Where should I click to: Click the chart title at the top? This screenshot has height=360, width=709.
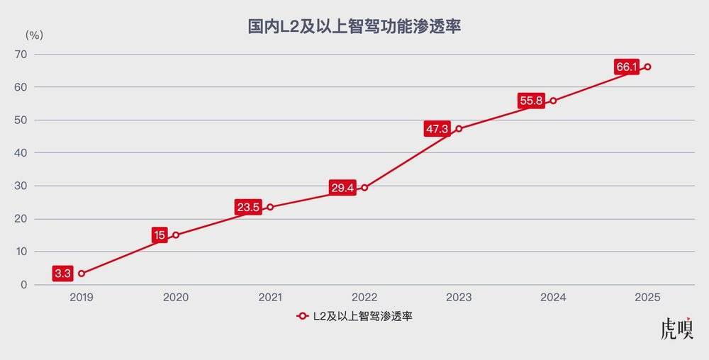pos(354,27)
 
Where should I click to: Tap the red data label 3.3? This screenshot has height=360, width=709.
pos(62,274)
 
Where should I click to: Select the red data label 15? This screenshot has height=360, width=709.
pos(160,235)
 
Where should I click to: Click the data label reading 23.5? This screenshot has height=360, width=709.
pos(248,208)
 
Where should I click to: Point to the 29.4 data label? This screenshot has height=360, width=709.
pos(342,188)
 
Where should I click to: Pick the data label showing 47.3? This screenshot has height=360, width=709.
pos(437,129)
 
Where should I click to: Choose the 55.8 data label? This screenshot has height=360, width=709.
pos(531,101)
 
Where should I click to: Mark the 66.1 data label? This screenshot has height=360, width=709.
pos(627,67)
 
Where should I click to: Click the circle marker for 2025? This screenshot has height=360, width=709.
pos(647,67)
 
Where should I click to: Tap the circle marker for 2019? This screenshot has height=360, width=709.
pos(82,274)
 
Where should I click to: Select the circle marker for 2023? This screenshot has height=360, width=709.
pos(459,129)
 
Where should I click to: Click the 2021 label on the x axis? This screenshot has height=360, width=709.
pos(270,298)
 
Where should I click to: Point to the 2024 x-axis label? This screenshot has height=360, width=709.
pos(553,298)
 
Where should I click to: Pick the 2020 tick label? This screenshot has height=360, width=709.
pos(176,298)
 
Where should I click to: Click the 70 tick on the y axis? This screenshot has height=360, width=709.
pos(40,54)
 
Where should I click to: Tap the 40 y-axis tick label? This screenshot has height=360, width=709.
pos(40,153)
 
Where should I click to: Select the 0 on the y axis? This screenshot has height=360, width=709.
pos(43,285)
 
